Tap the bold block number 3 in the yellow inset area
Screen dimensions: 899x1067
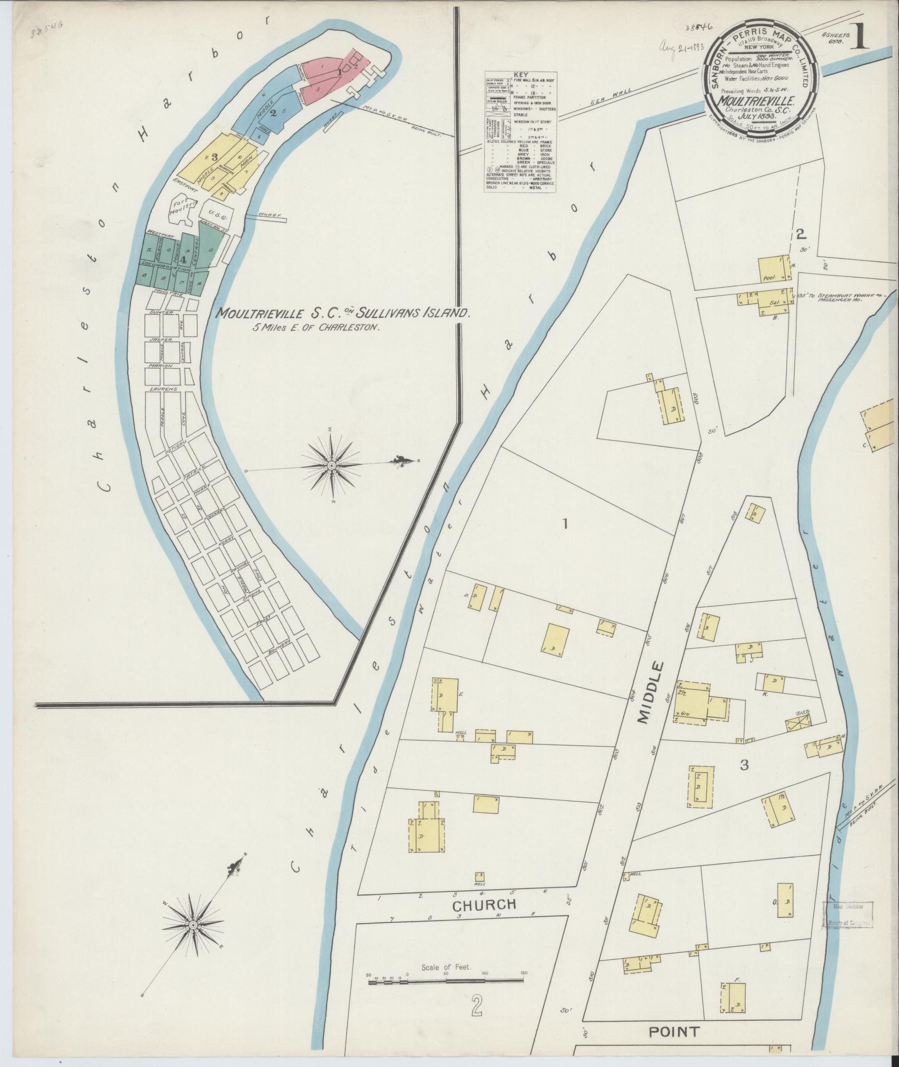coord(214,157)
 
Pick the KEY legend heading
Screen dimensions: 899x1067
coord(519,74)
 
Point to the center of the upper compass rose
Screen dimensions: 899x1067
coord(332,465)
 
